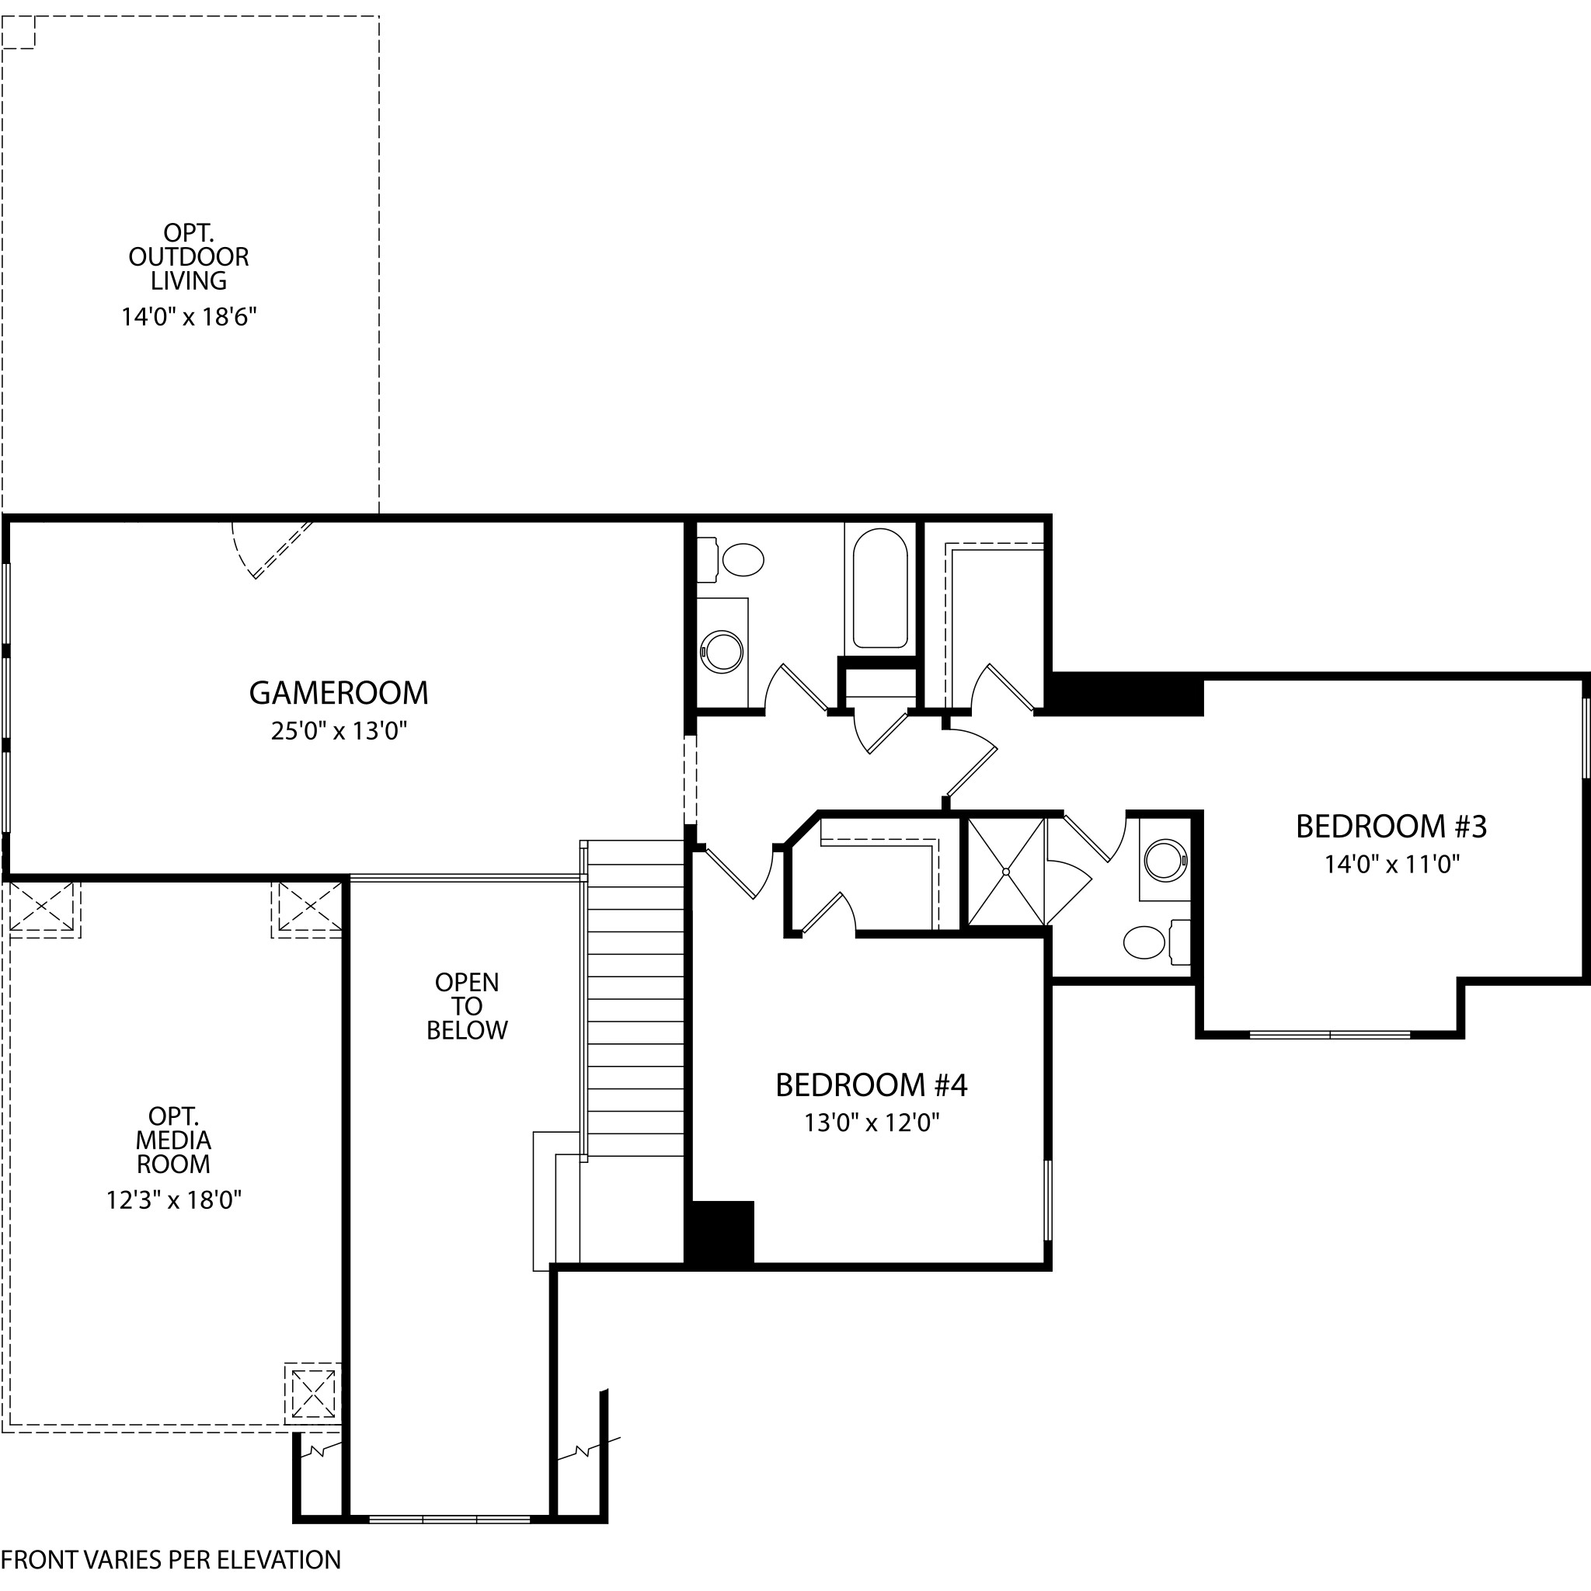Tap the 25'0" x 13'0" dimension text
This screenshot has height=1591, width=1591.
[339, 730]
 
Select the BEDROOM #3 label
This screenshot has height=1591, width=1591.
[1391, 827]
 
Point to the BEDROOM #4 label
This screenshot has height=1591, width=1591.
[872, 1084]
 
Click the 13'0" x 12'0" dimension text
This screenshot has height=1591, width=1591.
[872, 1123]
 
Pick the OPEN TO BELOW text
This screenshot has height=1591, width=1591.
[467, 1005]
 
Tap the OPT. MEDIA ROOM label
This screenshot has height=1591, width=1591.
[174, 1140]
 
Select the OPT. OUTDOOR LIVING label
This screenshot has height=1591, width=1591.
[189, 256]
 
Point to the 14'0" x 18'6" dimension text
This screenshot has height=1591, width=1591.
[190, 317]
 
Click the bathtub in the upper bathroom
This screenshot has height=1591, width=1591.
[880, 588]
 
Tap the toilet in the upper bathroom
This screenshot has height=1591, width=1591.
[732, 560]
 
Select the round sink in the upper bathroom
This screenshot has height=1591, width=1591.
[722, 653]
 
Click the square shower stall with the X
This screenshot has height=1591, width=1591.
[1006, 872]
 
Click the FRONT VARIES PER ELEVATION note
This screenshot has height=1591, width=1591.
[170, 1560]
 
